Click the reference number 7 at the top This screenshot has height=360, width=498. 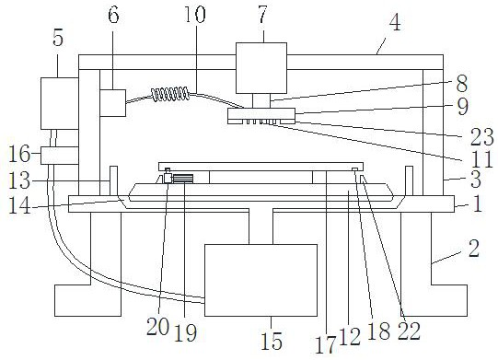[262, 15]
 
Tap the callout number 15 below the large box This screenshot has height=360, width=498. [272, 341]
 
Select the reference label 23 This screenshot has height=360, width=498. [481, 137]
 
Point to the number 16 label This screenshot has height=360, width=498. [19, 154]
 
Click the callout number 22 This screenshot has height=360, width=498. [409, 331]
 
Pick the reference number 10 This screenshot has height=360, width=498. [195, 14]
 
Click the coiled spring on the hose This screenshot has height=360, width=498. [170, 94]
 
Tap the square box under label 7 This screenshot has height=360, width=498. [261, 68]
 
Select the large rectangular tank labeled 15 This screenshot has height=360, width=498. [261, 280]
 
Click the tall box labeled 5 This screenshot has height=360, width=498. [60, 103]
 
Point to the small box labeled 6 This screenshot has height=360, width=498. [112, 103]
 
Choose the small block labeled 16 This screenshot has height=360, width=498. [60, 156]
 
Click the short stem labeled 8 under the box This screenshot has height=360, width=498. [261, 100]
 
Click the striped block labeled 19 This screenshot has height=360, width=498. [183, 179]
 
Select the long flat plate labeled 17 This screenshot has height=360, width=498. [261, 166]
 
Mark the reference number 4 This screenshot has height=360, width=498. [395, 23]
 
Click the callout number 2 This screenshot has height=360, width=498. [473, 249]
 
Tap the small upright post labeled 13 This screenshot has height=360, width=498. [113, 180]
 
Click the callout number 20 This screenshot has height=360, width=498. [157, 327]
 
